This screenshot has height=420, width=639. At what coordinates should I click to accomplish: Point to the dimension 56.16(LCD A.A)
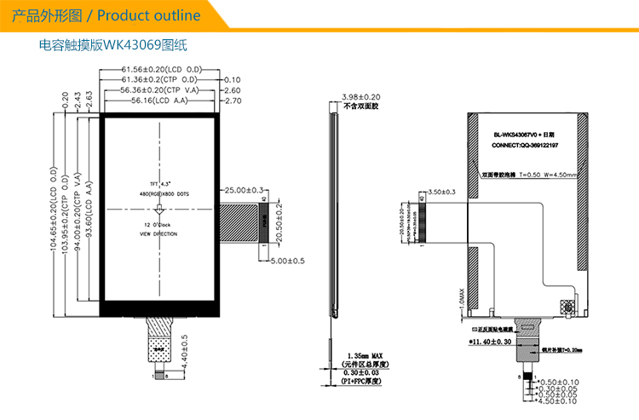161,101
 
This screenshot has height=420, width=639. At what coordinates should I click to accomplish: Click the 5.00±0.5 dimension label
287,261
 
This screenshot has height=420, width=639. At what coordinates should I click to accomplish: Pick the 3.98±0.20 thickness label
360,98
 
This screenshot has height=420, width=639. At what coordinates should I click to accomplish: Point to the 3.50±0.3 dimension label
443,192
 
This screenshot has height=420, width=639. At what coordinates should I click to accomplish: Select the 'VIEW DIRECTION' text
158,233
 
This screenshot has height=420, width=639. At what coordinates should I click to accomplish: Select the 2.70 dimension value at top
232,101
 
